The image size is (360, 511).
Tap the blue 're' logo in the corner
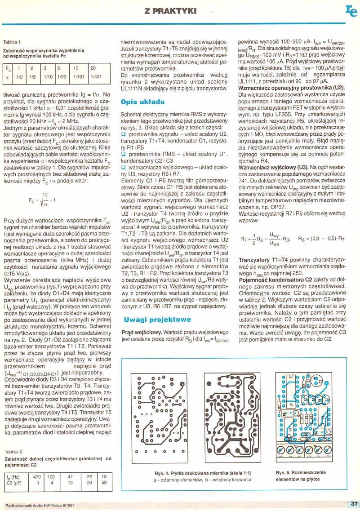point(351,11)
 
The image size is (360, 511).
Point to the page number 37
point(353,503)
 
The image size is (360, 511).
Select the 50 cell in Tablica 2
point(104,483)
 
